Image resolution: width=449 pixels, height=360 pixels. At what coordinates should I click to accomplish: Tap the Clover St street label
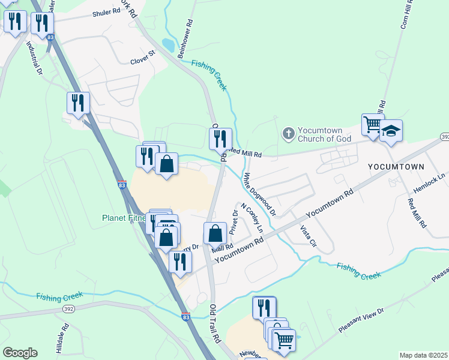tap(143, 61)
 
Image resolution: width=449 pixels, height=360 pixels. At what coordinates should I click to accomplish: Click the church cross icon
tap(288, 133)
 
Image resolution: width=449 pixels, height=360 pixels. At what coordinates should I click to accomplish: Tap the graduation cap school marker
tap(391, 131)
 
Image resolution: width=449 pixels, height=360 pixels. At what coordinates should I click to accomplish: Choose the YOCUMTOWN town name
tap(396, 166)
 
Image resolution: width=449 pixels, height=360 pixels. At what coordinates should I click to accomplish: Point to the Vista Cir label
tap(307, 239)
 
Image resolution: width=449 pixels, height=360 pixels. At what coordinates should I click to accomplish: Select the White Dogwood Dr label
tap(259, 194)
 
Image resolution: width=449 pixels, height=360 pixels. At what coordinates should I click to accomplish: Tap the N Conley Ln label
tap(252, 218)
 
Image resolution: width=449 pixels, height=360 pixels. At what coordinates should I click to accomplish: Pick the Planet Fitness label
tap(124, 218)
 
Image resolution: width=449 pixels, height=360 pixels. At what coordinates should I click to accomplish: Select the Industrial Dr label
tap(34, 59)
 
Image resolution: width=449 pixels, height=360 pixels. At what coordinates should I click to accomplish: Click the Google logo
tap(20, 353)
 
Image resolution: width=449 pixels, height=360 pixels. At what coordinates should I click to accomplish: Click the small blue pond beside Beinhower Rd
tap(169, 45)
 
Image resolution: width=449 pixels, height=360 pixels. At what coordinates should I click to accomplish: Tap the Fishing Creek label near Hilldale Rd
tap(59, 296)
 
